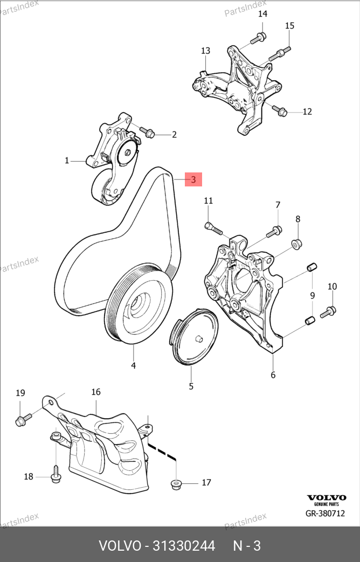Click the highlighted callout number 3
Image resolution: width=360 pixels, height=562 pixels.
(x=193, y=179)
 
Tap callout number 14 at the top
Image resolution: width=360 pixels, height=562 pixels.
(x=263, y=14)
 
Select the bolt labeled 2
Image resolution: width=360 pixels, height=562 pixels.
(x=147, y=131)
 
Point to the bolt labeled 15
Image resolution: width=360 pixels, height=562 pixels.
(x=280, y=53)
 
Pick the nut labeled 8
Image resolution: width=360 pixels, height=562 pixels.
(x=296, y=244)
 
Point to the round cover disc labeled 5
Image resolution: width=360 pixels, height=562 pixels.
(x=196, y=337)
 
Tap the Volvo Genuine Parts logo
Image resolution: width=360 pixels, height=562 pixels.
(x=326, y=499)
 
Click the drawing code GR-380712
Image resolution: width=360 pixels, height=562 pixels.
(x=325, y=514)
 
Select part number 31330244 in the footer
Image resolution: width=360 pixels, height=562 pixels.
(x=184, y=546)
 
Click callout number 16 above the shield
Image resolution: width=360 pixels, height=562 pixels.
(x=96, y=392)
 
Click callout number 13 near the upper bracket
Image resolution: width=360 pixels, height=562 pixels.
(x=205, y=51)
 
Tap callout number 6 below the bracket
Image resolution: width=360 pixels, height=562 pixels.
(x=273, y=375)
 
